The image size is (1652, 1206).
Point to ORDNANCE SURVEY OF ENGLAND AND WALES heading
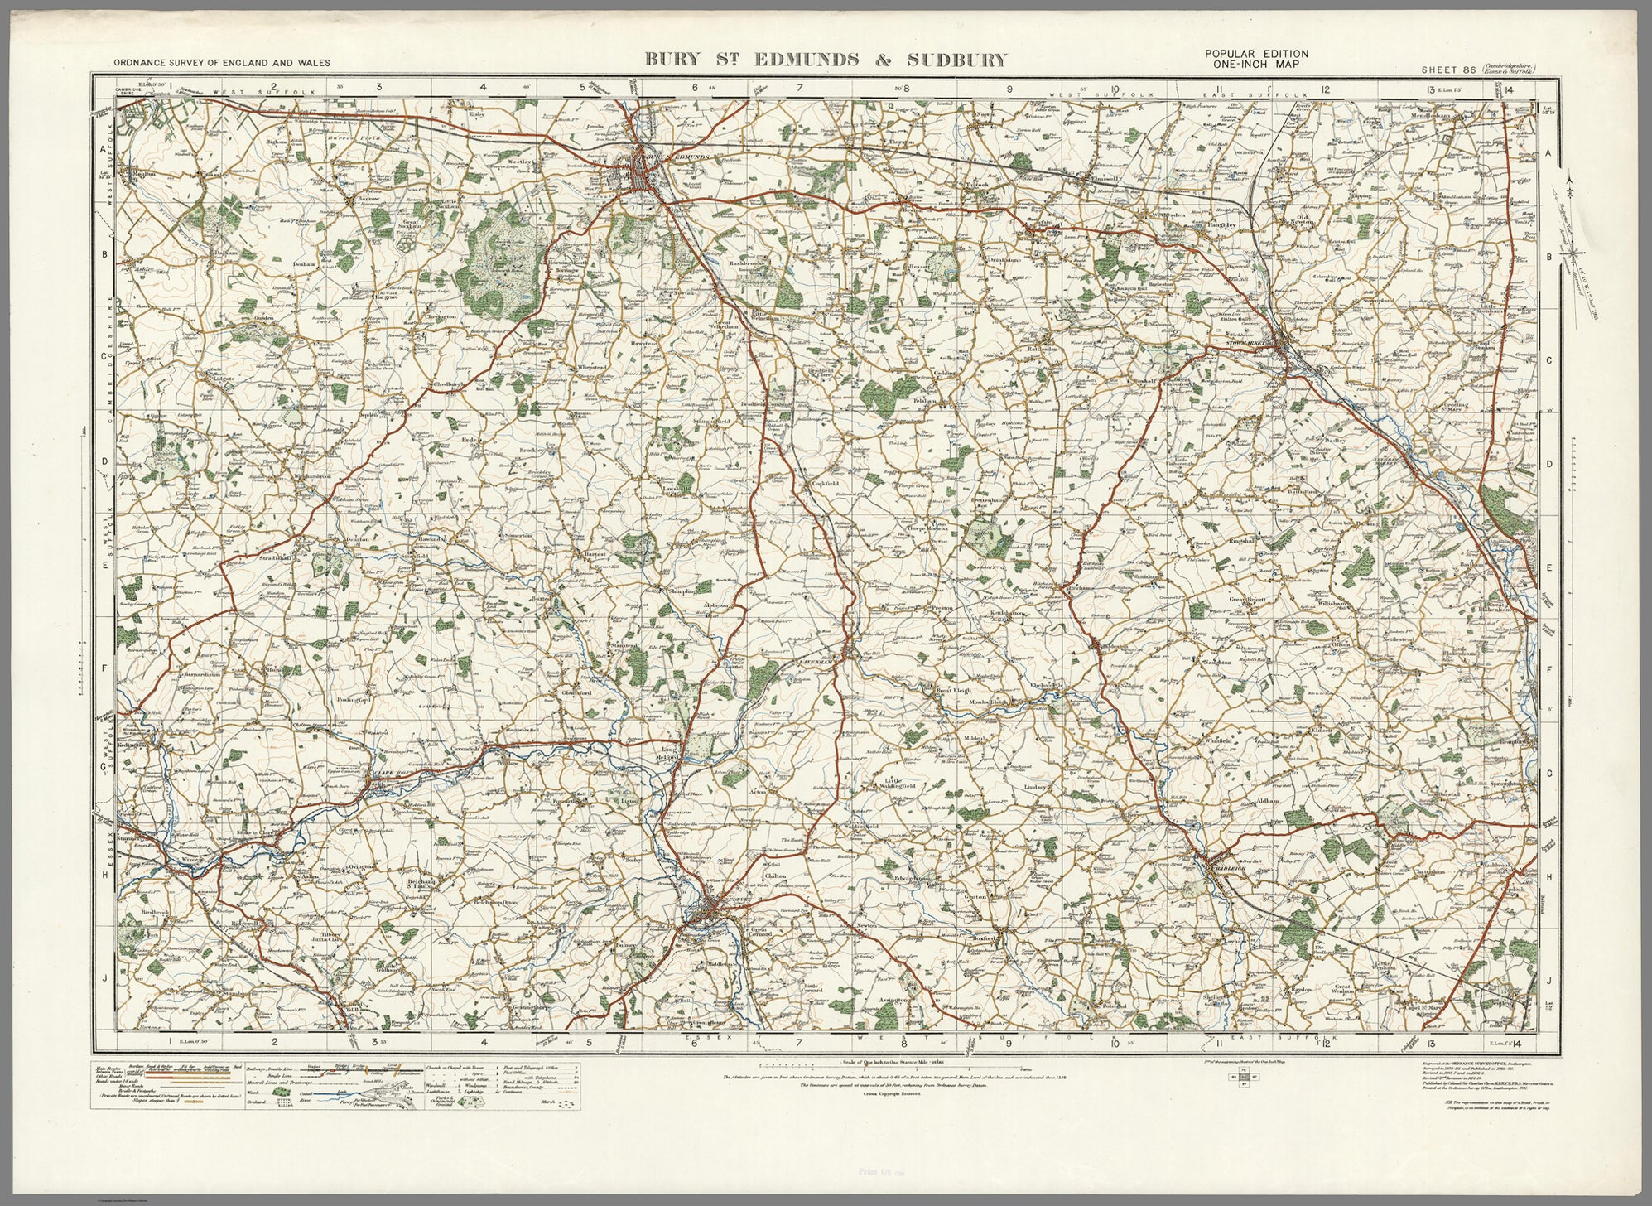[x=223, y=63]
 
